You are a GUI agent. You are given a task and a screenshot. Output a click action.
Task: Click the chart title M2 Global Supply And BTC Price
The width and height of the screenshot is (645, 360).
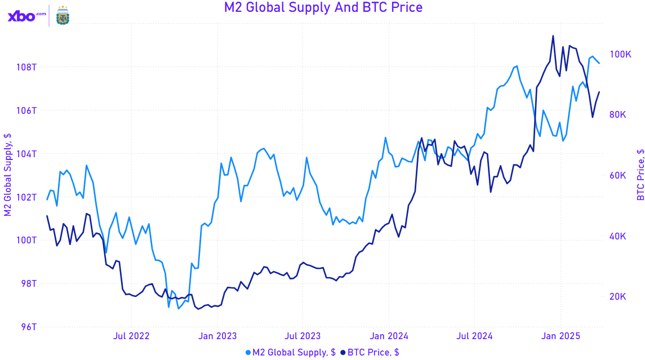(x=323, y=7)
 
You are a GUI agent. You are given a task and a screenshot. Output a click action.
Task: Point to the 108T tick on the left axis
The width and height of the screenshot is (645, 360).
(x=26, y=67)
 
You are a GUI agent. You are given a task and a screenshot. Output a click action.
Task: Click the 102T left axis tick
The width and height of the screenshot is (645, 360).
(x=26, y=197)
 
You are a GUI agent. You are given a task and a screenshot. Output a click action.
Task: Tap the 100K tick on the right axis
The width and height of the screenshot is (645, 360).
(x=621, y=54)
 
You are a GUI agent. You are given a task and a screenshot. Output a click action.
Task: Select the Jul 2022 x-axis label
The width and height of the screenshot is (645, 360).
(x=131, y=336)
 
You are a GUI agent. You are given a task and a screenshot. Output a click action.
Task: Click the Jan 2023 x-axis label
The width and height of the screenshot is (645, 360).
(x=218, y=336)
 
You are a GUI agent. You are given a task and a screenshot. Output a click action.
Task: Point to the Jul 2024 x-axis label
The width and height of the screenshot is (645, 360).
(x=474, y=336)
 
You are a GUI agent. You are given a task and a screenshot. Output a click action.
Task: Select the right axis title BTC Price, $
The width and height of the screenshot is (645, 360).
(x=640, y=175)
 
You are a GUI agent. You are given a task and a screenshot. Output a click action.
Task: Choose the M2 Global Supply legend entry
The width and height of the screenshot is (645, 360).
(x=291, y=352)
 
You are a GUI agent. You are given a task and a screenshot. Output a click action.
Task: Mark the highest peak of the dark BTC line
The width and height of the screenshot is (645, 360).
(x=553, y=36)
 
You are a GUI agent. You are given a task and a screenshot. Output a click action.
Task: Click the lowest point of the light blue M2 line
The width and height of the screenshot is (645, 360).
(x=179, y=308)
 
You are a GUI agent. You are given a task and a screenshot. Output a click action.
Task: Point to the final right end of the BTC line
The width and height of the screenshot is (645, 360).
(x=599, y=92)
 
